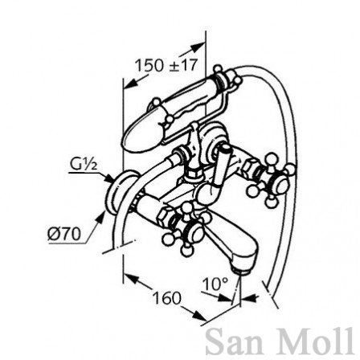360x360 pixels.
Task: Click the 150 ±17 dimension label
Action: coord(166,65)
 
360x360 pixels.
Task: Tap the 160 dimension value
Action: coord(166,298)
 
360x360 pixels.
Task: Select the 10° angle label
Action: coord(215,284)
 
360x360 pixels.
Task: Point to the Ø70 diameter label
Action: coord(64,235)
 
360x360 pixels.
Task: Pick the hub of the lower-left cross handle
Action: coord(194,231)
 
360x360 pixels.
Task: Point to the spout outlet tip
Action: coord(240,271)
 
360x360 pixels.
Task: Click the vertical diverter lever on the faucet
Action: coord(221,166)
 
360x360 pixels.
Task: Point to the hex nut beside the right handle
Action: coord(251,170)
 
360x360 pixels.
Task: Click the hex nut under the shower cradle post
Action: coord(193,174)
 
